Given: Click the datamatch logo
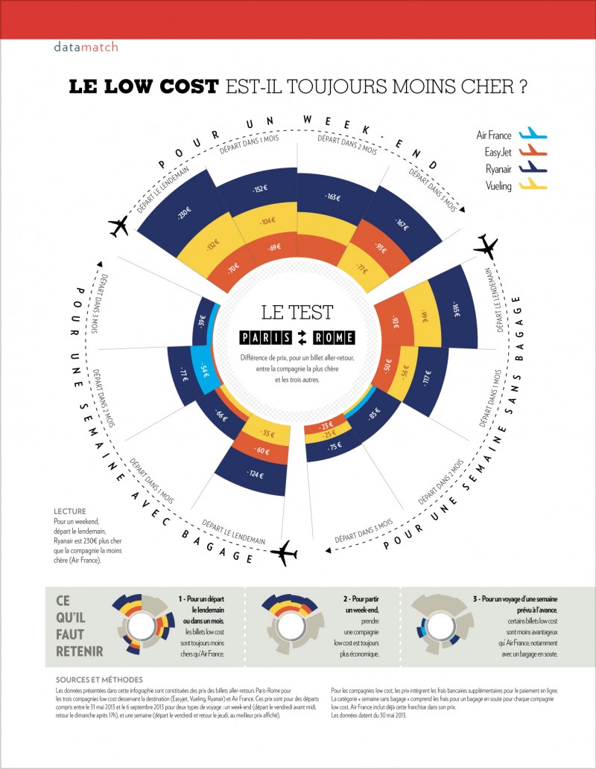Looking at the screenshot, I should tap(86, 46).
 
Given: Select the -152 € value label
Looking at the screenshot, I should tap(259, 189).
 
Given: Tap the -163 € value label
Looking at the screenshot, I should tap(332, 197).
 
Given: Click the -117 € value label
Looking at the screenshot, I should tap(428, 378).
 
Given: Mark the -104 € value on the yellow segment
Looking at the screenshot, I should tap(266, 221).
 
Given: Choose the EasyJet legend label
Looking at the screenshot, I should tap(495, 152).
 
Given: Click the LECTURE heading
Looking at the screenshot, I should tap(70, 511).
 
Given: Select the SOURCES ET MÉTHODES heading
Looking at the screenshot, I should tap(100, 680).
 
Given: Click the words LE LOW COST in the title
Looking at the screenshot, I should tap(144, 86).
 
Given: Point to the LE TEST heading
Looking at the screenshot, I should tap(297, 311).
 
